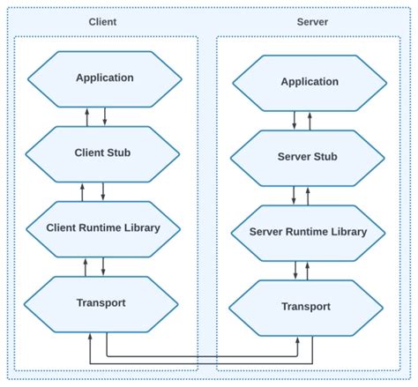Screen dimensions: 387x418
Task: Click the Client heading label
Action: click(104, 20)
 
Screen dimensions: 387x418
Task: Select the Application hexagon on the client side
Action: click(104, 78)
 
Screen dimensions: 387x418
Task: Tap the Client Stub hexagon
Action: click(104, 153)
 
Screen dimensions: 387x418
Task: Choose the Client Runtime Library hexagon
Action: click(104, 227)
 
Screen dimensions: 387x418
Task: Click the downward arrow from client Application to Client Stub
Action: click(104, 115)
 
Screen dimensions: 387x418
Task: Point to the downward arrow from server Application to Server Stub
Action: click(294, 120)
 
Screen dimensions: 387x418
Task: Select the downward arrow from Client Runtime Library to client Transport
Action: click(104, 265)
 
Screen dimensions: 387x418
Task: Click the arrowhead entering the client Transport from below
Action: click(89, 338)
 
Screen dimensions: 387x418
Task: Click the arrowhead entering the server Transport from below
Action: click(298, 342)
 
